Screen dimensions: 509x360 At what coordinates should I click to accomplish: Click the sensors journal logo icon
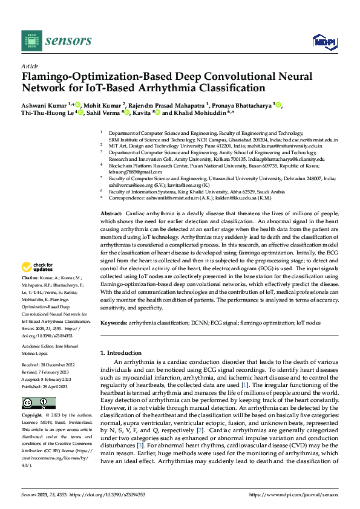point(31,41)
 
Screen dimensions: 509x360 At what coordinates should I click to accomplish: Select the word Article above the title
point(30,66)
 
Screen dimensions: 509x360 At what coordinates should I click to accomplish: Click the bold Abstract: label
point(111,197)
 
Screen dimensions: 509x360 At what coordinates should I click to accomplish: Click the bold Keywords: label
point(114,323)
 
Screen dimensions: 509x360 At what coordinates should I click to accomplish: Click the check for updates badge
point(37,267)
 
